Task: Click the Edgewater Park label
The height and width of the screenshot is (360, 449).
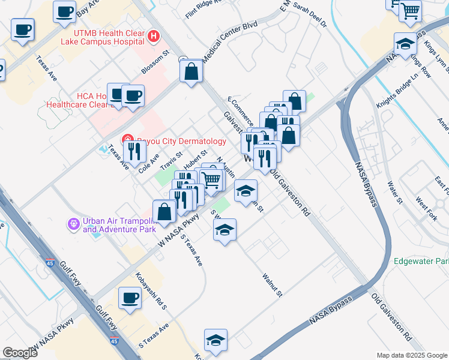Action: click(x=421, y=262)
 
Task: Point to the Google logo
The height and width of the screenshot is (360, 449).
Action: click(x=20, y=352)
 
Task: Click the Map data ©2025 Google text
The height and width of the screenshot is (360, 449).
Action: click(x=411, y=355)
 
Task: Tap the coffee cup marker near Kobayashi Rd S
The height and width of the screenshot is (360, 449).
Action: click(x=130, y=298)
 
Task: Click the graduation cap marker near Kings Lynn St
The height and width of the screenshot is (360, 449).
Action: click(x=405, y=44)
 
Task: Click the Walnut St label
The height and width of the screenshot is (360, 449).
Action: click(x=272, y=284)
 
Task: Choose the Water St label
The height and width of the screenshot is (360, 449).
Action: click(x=394, y=192)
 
